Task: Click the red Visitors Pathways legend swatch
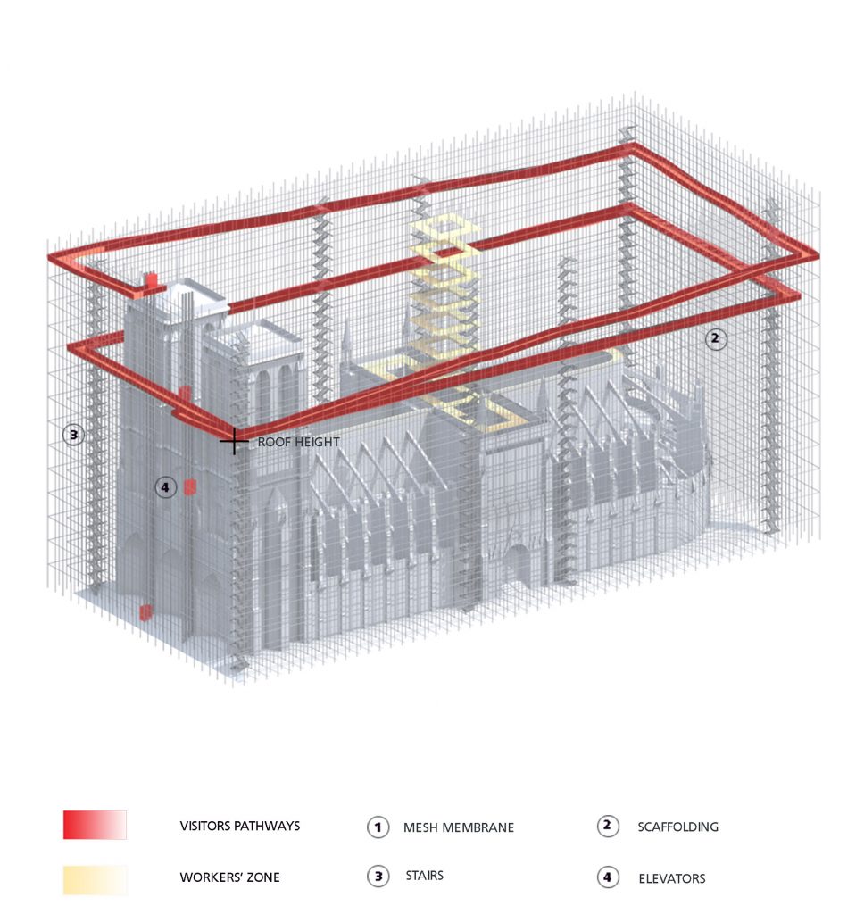(x=95, y=825)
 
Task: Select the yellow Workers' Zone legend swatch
(x=95, y=880)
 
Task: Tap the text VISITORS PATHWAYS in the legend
(x=239, y=826)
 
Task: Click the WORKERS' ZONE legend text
(x=229, y=877)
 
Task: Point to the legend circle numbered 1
(x=378, y=827)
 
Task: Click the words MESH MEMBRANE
(x=459, y=827)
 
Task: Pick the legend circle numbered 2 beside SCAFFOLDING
(x=608, y=826)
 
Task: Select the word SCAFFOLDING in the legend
(x=678, y=827)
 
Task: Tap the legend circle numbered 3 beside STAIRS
(x=378, y=877)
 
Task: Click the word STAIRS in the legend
(x=425, y=876)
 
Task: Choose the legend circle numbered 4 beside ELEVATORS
(x=608, y=877)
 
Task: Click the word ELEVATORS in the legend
(x=671, y=878)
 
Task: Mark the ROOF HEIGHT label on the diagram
(x=298, y=442)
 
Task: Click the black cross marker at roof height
(x=234, y=442)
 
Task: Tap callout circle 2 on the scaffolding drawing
(x=716, y=338)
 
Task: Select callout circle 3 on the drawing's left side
(x=73, y=435)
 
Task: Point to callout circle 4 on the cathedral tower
(x=166, y=487)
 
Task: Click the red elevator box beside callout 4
(x=190, y=486)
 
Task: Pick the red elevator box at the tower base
(x=145, y=611)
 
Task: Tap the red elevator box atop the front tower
(x=151, y=280)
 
